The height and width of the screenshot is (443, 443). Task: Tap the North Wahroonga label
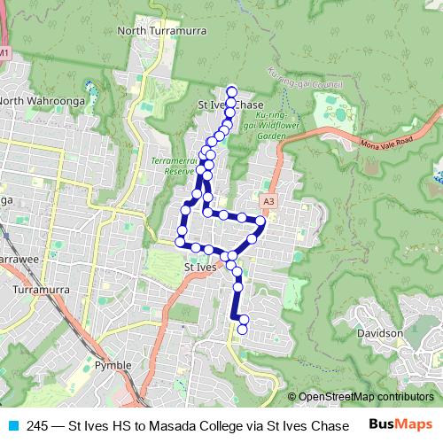pyautogui.click(x=42, y=101)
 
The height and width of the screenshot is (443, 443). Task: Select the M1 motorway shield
pyautogui.click(x=5, y=54)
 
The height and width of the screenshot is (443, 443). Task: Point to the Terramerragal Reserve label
pyautogui.click(x=173, y=165)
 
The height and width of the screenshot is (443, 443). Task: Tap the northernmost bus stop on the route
pyautogui.click(x=232, y=90)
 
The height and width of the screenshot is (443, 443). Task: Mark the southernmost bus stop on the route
pyautogui.click(x=242, y=330)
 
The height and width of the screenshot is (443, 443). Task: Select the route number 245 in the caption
pyautogui.click(x=37, y=425)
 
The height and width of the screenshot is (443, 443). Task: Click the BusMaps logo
pyautogui.click(x=401, y=424)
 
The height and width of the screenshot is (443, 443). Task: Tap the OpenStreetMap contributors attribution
pyautogui.click(x=365, y=397)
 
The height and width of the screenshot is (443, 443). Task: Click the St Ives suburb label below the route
pyautogui.click(x=200, y=266)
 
